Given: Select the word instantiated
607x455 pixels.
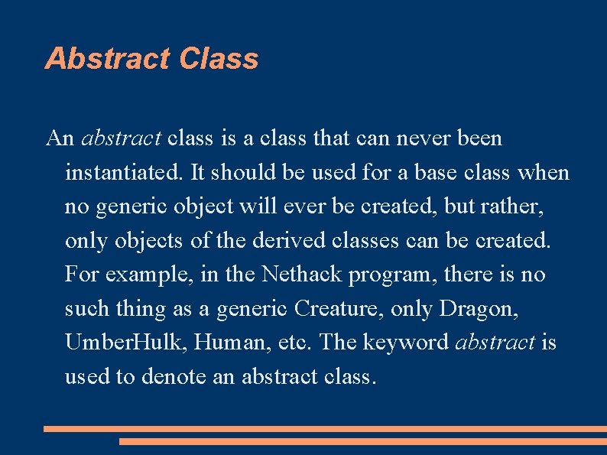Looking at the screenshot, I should click(x=122, y=173).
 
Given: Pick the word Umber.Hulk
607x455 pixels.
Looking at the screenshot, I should click(x=126, y=343).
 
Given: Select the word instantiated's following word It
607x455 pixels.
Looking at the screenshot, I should click(x=197, y=173).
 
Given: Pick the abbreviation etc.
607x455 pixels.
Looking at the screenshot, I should click(x=294, y=343).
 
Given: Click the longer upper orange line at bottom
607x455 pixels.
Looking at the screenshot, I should click(x=325, y=429).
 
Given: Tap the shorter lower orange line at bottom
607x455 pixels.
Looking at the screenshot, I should click(x=362, y=441).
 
